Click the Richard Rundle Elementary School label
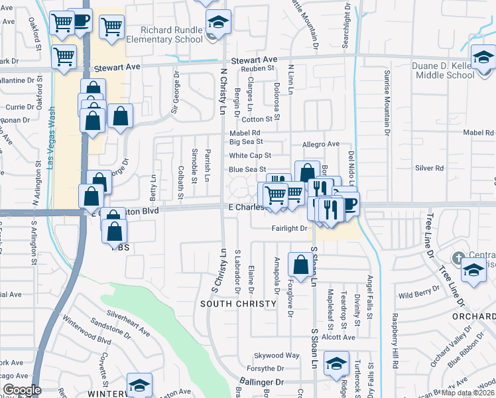click(x=171, y=34)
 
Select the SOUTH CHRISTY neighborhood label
click(x=239, y=304)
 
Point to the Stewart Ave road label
click(x=117, y=68)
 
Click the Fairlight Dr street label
click(x=290, y=228)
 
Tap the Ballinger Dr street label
click(x=261, y=383)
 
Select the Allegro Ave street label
click(x=320, y=144)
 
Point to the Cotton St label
click(x=257, y=119)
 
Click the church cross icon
click(x=458, y=257)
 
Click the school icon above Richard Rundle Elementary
click(x=218, y=21)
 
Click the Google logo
click(x=22, y=390)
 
